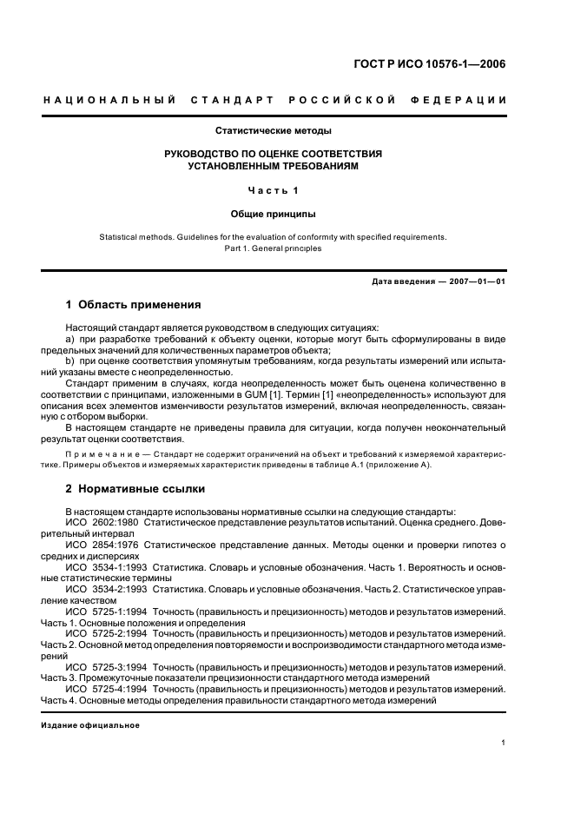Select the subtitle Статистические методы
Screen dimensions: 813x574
[x=274, y=131]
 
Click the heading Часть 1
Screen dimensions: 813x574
[x=274, y=191]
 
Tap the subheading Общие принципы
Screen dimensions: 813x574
[x=274, y=214]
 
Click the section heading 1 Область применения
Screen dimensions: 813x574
[x=133, y=305]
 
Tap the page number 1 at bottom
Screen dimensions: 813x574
[x=504, y=743]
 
